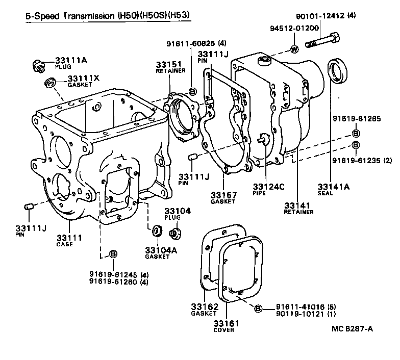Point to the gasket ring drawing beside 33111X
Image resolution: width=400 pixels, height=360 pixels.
point(50,82)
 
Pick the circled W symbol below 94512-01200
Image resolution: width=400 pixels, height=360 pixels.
point(294,49)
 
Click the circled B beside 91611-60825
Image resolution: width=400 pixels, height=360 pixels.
point(192,91)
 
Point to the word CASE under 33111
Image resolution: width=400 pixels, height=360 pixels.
point(65,244)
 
